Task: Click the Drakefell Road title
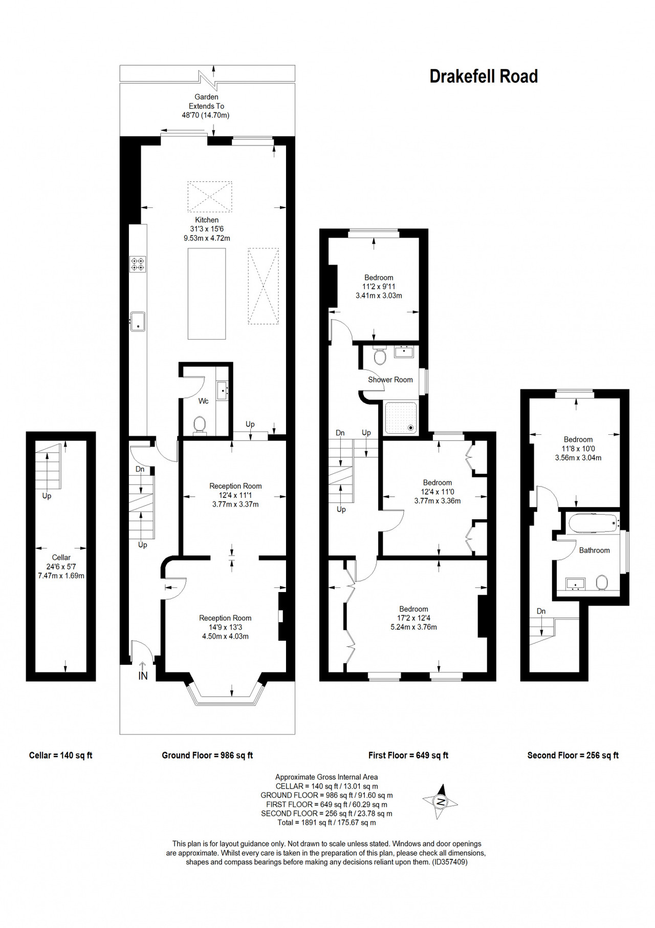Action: pos(484,76)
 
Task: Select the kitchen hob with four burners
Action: pos(138,264)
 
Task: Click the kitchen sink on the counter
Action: pos(138,321)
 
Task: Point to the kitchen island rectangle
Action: pos(207,294)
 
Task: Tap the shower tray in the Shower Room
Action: pos(401,417)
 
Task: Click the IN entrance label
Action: pos(143,676)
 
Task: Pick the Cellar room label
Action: pos(61,557)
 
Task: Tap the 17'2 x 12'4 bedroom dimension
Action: pos(413,618)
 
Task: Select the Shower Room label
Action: pos(390,379)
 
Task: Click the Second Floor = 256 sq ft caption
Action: pos(573,755)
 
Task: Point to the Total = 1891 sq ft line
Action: pos(326,822)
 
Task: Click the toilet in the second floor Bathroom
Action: pos(602,582)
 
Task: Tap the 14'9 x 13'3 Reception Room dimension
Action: pos(225,627)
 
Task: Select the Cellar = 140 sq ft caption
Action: pos(61,755)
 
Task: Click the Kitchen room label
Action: pos(207,220)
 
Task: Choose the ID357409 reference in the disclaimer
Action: pos(450,862)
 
